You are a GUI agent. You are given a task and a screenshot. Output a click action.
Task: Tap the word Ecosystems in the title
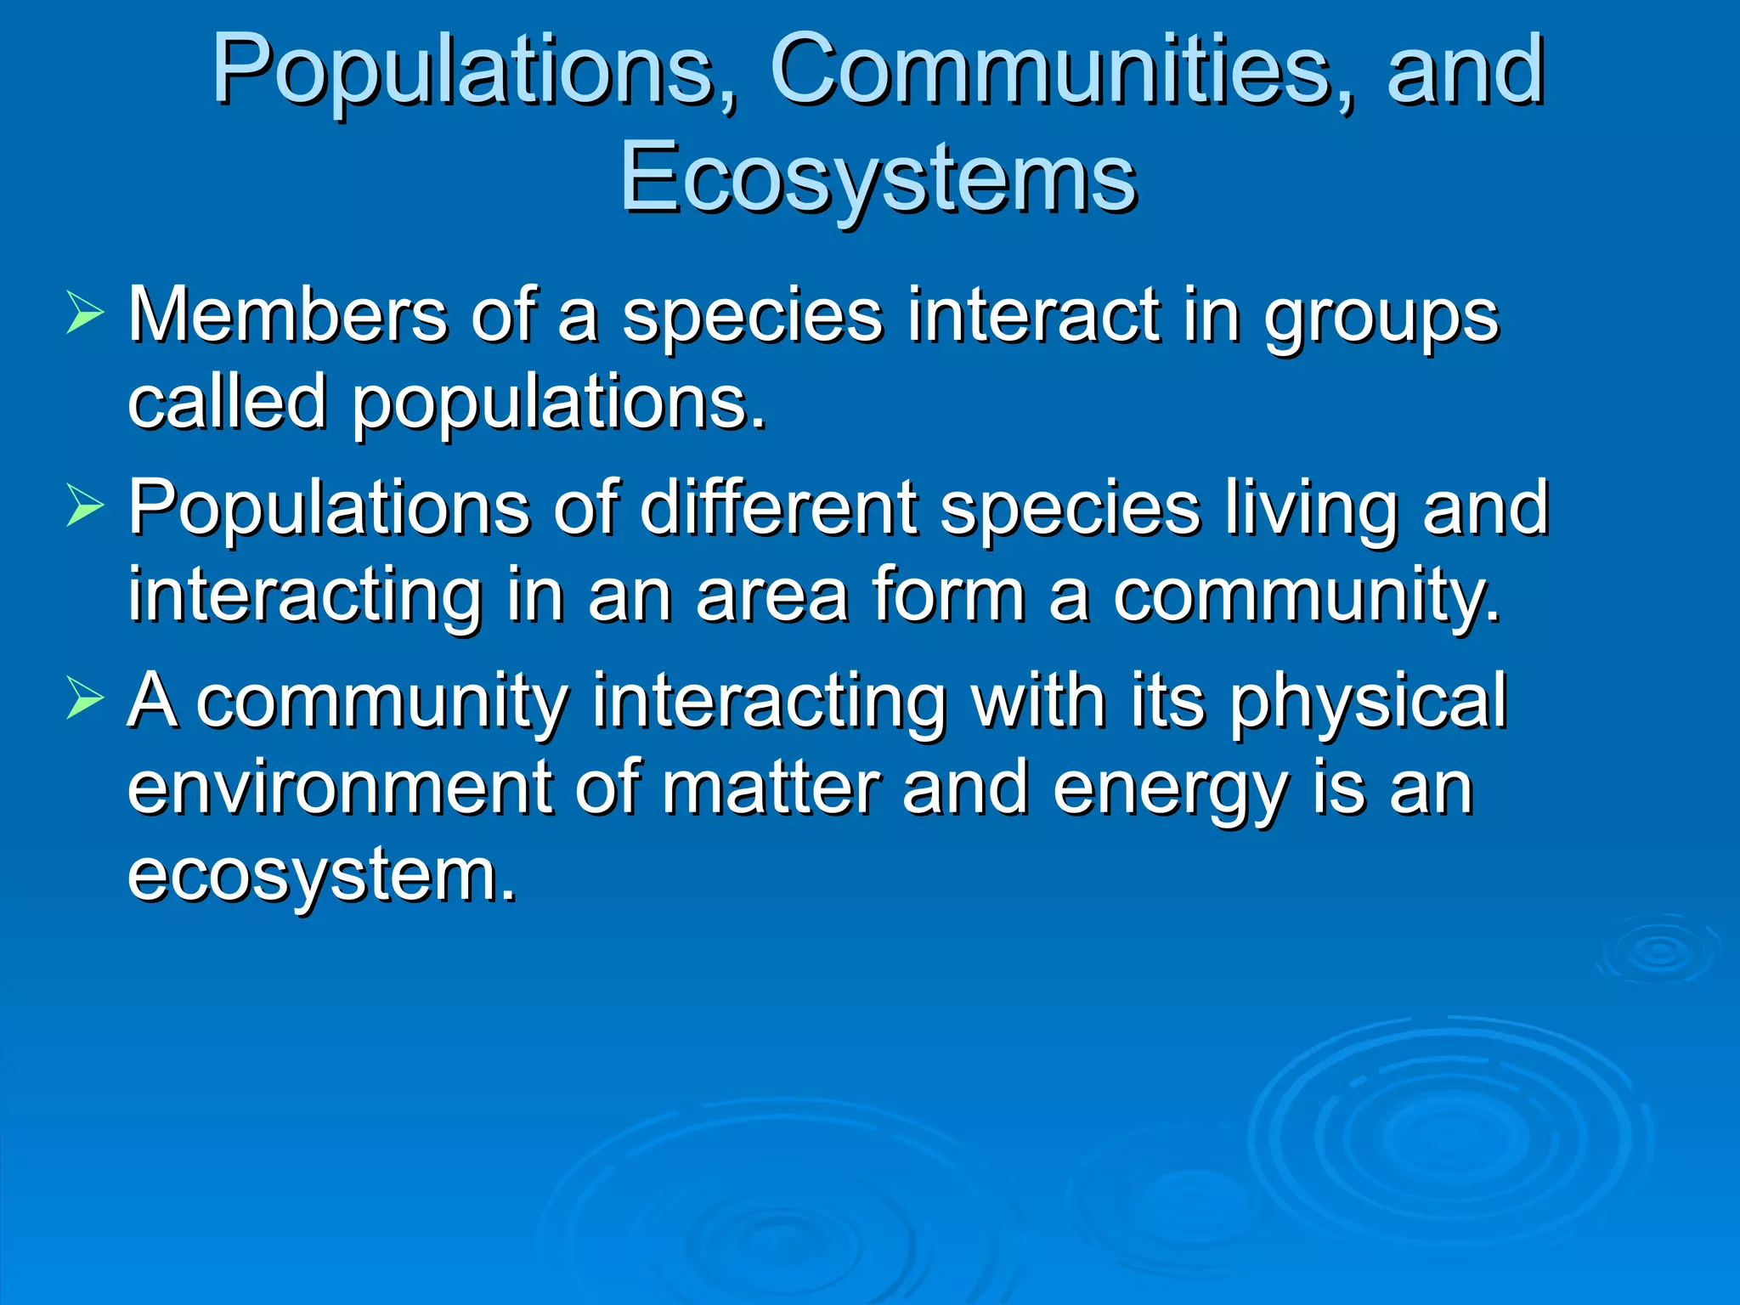(x=878, y=178)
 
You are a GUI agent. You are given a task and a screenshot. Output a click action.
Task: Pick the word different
(x=778, y=508)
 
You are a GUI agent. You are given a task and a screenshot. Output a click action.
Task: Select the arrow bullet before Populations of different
(x=84, y=508)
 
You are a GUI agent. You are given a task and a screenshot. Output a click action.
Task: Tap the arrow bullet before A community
(x=84, y=701)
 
